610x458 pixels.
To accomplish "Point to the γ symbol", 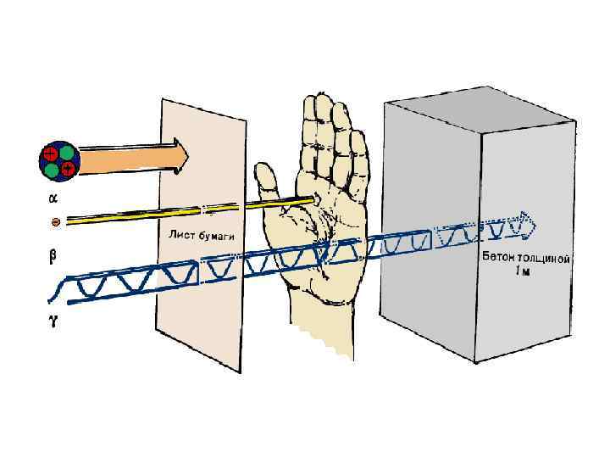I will (x=53, y=323).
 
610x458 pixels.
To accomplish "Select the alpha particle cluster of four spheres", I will (x=59, y=162).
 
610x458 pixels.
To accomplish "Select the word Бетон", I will (x=503, y=255).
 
